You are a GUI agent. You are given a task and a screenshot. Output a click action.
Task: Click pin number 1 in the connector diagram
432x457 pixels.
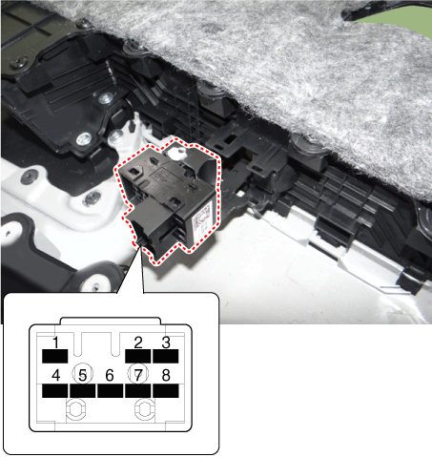pos(55,343)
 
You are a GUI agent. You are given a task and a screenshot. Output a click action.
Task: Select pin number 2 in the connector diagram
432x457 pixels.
pos(138,343)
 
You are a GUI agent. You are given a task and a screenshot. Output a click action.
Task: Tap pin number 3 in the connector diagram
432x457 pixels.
pos(166,343)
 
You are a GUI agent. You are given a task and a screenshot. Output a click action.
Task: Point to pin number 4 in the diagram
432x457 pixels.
pos(55,375)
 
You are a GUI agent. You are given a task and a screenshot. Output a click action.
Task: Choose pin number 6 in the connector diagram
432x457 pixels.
pos(110,375)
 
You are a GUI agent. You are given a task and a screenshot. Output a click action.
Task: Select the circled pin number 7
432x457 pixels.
pos(138,374)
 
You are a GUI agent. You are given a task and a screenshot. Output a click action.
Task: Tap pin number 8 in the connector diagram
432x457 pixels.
pos(166,375)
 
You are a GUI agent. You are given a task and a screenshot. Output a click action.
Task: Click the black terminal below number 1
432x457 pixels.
pos(55,356)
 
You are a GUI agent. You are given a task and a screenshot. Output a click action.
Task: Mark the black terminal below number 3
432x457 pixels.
pos(166,356)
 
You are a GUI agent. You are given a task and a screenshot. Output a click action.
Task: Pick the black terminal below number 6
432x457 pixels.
pos(110,391)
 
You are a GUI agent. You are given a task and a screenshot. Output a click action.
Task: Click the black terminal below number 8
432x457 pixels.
pos(166,391)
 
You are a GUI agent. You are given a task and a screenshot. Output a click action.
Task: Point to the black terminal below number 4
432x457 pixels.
pos(55,391)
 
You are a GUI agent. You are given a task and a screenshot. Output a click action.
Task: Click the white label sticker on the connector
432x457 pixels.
pos(201,218)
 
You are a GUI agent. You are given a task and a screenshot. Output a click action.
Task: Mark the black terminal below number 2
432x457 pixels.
pos(138,356)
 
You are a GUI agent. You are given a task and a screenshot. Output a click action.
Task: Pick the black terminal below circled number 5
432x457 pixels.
pos(83,391)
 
